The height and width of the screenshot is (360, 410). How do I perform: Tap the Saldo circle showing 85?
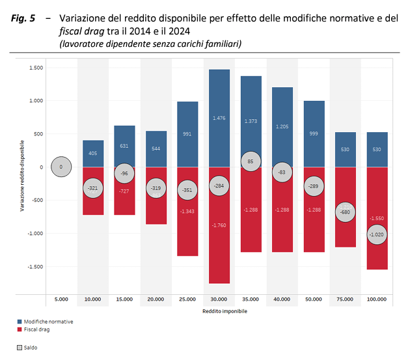tap(251, 161)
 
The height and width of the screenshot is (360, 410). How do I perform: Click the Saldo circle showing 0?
tap(61, 167)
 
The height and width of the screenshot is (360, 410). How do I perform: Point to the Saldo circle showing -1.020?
tap(377, 234)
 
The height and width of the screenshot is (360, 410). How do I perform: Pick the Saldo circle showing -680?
tap(345, 212)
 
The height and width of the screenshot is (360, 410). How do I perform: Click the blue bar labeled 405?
tap(93, 154)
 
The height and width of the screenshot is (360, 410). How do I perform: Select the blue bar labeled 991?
tap(187, 134)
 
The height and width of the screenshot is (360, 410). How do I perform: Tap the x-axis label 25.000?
tap(187, 299)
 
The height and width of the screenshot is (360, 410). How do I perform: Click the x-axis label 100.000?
tap(377, 299)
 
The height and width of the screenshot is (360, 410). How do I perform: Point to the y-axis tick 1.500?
tap(36, 68)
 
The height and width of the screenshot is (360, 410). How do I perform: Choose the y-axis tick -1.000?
tap(35, 233)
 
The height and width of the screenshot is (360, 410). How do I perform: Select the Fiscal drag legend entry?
tap(36, 329)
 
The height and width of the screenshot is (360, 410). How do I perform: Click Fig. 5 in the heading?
tap(23, 18)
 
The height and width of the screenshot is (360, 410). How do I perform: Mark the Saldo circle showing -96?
tap(124, 174)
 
